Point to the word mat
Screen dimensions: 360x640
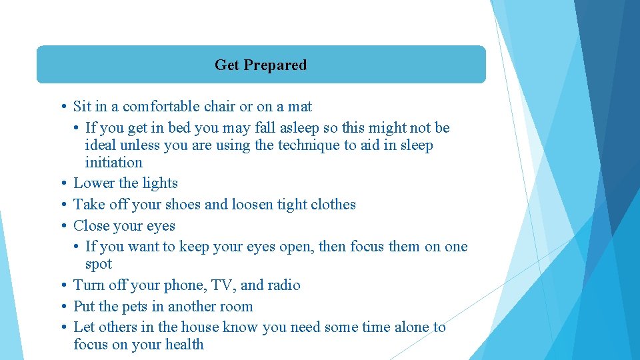(x=299, y=107)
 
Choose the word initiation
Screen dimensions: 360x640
(x=113, y=163)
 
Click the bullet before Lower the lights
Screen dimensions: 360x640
(x=61, y=183)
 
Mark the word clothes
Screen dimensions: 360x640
(x=333, y=205)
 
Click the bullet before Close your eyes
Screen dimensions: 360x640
(x=61, y=226)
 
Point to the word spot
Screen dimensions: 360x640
(x=99, y=264)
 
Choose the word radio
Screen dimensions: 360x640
(x=283, y=285)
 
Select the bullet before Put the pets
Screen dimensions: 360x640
(x=61, y=307)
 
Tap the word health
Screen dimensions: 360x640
(x=185, y=345)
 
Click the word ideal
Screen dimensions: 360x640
(x=99, y=145)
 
